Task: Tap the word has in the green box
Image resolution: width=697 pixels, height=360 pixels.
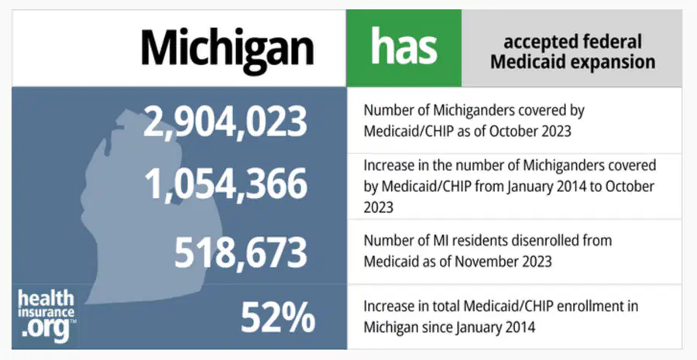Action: (403, 46)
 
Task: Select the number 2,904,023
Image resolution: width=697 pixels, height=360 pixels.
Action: (225, 122)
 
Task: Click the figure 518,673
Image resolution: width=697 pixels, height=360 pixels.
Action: (241, 252)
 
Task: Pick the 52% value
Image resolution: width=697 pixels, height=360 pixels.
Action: (278, 317)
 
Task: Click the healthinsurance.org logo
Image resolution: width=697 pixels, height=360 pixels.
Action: (46, 316)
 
